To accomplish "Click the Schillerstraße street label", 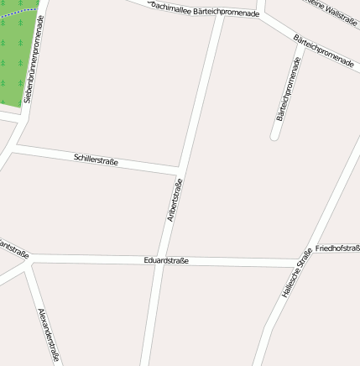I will click(x=96, y=159).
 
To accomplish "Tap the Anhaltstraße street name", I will click(x=175, y=201).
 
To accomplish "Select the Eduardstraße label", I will click(x=166, y=260).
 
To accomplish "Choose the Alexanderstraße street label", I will click(x=49, y=334).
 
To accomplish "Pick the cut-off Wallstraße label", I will click(x=329, y=10).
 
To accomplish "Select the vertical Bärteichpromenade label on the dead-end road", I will click(x=288, y=90).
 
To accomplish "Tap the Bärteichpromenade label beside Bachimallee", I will click(x=226, y=13).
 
